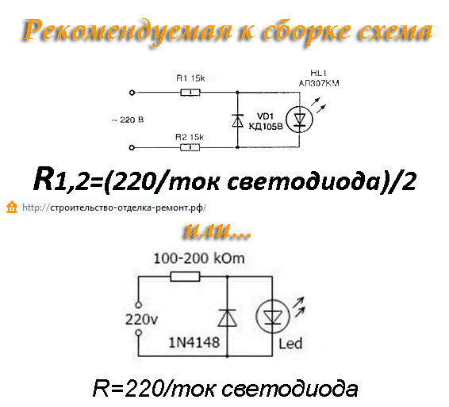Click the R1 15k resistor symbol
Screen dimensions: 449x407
(190, 93)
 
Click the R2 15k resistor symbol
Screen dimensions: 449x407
(190, 147)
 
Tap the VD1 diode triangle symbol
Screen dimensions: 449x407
(237, 120)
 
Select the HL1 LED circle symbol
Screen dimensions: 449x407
(300, 120)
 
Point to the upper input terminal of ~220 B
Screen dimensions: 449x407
(132, 93)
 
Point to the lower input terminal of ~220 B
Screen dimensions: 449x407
(132, 147)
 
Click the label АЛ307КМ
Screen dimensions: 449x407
(319, 83)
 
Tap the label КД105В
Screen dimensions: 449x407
(266, 127)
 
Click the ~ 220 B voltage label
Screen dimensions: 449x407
(128, 120)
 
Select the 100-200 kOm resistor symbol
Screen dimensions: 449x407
(185, 276)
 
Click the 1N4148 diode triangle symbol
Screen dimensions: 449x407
(228, 318)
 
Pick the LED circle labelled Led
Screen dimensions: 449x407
(273, 317)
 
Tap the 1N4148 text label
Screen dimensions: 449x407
(194, 342)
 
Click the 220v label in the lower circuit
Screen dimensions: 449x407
(141, 319)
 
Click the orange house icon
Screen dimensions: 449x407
(12, 207)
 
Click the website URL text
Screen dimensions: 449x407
(114, 207)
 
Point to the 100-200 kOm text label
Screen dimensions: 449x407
(199, 258)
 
